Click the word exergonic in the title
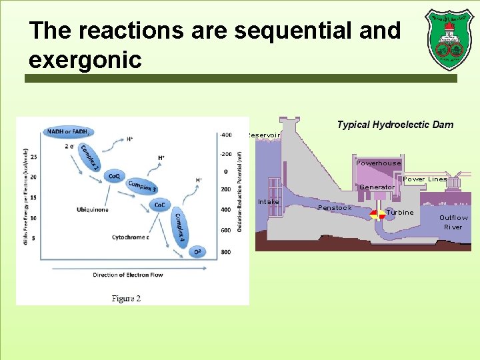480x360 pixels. click(85, 60)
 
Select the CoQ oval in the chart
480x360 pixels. click(115, 176)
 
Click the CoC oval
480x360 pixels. click(160, 205)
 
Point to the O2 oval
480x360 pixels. click(197, 251)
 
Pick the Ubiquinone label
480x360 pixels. click(93, 210)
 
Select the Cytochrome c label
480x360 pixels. click(130, 237)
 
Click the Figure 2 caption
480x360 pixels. click(126, 299)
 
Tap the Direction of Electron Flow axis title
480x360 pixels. click(127, 275)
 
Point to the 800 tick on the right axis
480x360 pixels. click(226, 252)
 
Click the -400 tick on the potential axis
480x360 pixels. click(225, 135)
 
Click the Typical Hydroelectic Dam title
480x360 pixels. click(395, 125)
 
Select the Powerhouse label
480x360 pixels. click(378, 163)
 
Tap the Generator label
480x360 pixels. click(377, 187)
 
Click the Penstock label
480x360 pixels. click(335, 208)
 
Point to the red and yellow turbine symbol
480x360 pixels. click(379, 215)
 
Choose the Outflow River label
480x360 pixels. click(453, 223)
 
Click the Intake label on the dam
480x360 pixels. click(269, 201)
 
